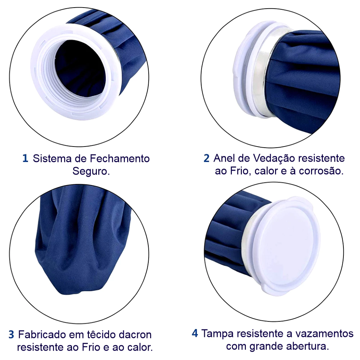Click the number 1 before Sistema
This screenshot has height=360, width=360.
pos(25,158)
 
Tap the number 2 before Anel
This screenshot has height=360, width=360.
pos(206,158)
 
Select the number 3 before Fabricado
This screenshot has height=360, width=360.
pos(12,334)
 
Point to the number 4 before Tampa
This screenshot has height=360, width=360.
pos(195,333)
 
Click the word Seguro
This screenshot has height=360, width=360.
pos(91,171)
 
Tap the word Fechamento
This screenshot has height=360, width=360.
pos(119,158)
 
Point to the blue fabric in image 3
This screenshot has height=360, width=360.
pos(90,248)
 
